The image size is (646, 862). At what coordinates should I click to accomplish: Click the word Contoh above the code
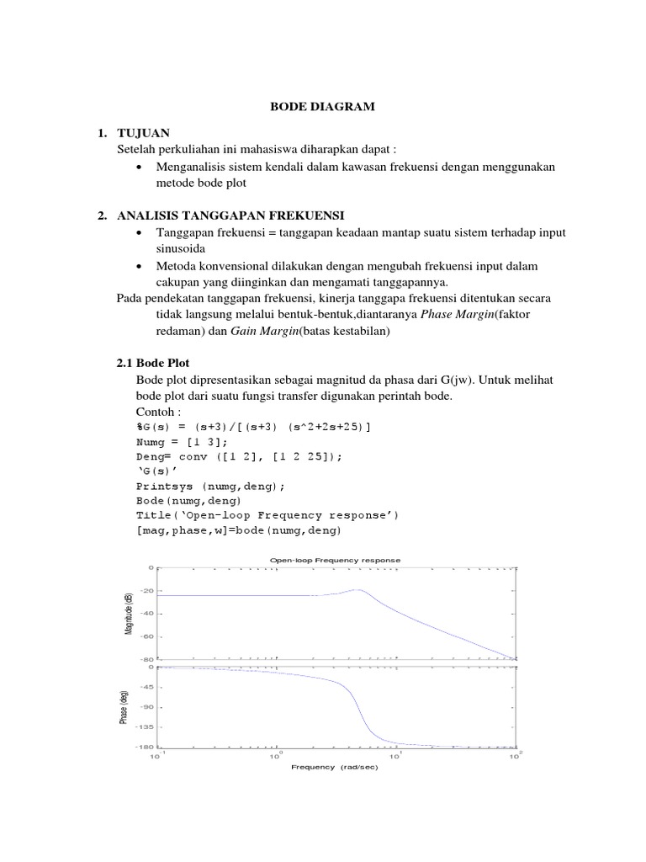(158, 413)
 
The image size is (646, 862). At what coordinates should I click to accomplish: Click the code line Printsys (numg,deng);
(211, 486)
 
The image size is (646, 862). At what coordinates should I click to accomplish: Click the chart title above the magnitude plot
(335, 560)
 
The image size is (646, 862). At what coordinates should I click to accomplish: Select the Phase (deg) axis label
(124, 705)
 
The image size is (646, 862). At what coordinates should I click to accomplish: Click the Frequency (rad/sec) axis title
(335, 767)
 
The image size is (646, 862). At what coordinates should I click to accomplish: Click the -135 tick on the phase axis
(145, 727)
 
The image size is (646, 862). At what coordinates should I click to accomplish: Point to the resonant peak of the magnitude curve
(359, 590)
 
